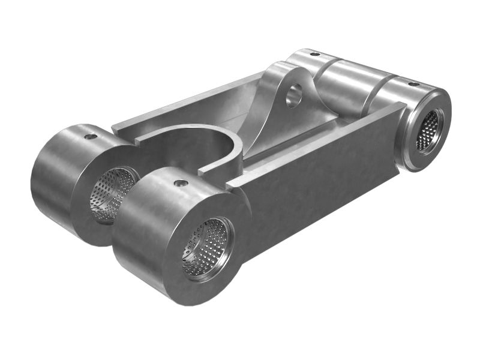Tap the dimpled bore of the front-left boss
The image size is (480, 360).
click(113, 193)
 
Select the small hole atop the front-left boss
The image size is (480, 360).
click(91, 137)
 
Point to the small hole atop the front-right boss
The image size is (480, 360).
click(181, 183)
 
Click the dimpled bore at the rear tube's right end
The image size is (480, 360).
click(428, 130)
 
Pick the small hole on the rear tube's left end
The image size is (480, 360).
click(314, 54)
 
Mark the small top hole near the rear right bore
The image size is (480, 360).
click(414, 83)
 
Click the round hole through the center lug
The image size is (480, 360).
click(294, 95)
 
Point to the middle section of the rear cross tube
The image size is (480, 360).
click(348, 84)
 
